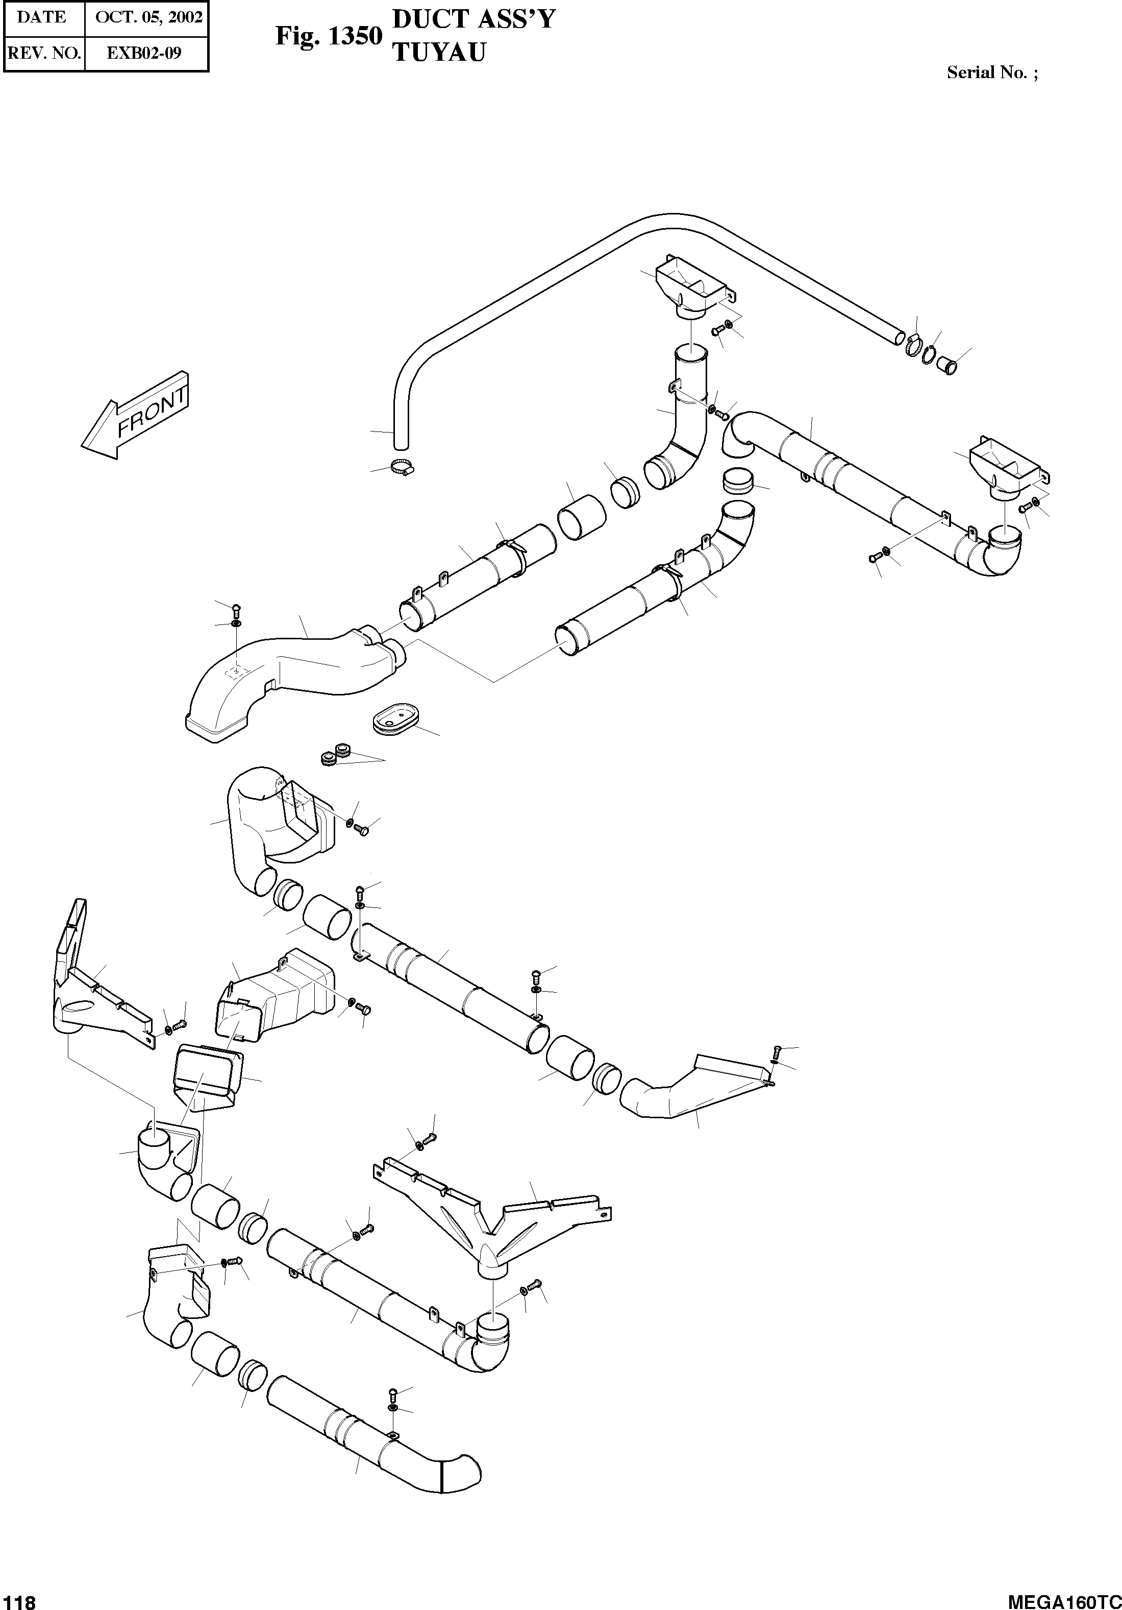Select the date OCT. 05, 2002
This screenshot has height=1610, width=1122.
[148, 17]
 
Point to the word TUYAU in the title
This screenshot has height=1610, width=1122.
[439, 53]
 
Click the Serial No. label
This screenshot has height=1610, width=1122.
[992, 72]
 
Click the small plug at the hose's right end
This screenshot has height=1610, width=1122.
[948, 365]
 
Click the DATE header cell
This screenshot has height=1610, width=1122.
[42, 17]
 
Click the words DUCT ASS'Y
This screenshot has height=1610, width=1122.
[473, 19]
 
